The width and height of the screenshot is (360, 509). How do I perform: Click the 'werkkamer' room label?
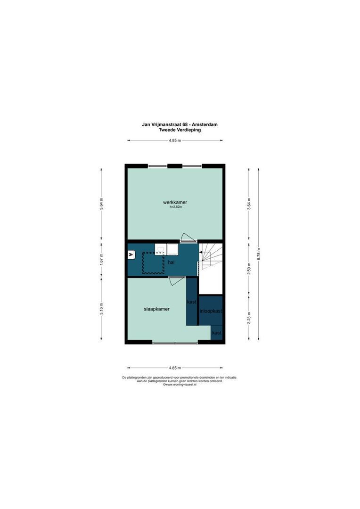click(174, 202)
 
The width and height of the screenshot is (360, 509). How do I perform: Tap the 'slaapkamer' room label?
click(156, 309)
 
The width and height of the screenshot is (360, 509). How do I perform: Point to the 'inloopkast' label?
click(211, 311)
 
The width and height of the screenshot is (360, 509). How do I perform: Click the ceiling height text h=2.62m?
click(174, 207)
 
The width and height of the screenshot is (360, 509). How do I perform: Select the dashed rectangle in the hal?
click(153, 263)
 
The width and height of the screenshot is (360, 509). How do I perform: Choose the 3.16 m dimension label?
click(101, 309)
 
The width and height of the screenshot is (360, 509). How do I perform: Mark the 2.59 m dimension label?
click(249, 269)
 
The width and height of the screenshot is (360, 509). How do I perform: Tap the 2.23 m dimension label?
click(249, 317)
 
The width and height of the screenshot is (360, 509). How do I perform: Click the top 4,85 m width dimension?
click(175, 140)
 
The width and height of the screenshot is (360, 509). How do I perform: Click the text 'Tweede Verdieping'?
click(180, 130)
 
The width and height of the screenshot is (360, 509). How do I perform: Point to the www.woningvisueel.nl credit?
click(180, 385)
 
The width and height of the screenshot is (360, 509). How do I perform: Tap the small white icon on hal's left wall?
click(131, 255)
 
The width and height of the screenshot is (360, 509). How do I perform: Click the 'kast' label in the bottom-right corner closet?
click(217, 333)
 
